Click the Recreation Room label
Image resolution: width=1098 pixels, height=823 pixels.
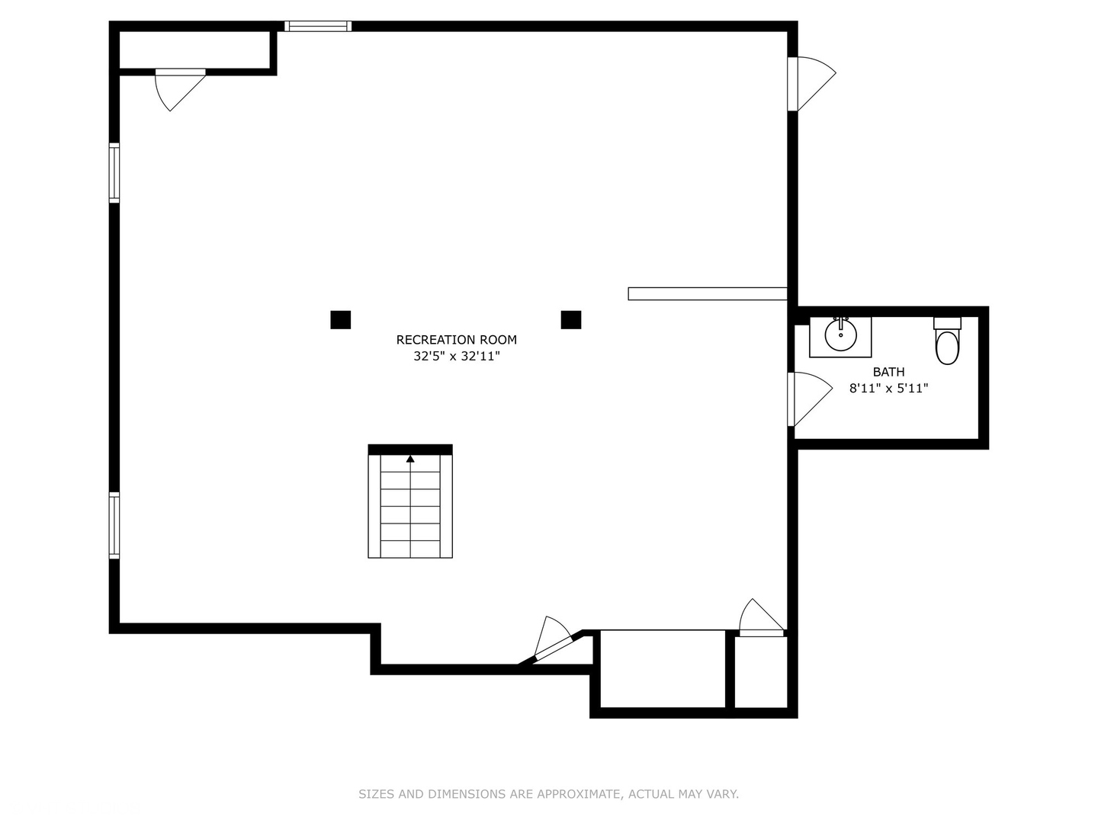[x=456, y=340]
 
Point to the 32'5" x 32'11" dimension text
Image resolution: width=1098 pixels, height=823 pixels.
[x=456, y=356]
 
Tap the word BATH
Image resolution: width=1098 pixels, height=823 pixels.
[x=888, y=372]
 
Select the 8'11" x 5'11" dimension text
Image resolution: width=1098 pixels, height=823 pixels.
[x=888, y=388]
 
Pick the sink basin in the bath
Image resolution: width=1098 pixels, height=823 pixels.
[x=840, y=335]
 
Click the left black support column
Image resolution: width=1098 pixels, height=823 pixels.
[x=340, y=320]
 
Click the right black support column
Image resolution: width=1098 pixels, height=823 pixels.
[x=570, y=320]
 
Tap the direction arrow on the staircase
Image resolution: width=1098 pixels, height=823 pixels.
[x=410, y=459]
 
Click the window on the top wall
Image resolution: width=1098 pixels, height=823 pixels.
[x=318, y=26]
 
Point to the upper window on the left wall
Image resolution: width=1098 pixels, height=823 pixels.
[x=114, y=173]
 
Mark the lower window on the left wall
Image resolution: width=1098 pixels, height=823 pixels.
[x=114, y=526]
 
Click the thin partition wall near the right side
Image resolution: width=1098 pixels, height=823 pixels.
[x=707, y=293]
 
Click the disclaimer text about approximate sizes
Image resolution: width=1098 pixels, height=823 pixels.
[x=548, y=794]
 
